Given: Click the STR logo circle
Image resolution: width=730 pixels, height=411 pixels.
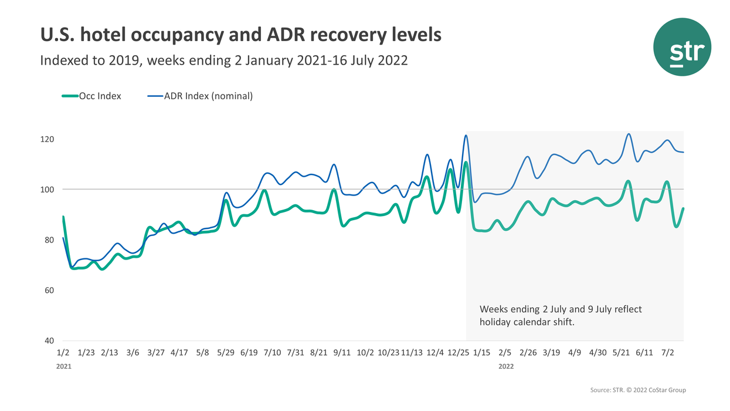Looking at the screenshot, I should pos(683,47).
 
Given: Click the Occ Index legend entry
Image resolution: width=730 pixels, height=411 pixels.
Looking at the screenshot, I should pos(92,96).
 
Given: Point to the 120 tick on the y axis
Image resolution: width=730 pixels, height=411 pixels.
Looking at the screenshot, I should pos(47,140).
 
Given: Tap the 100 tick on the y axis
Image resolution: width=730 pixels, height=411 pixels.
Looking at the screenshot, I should pos(47,190).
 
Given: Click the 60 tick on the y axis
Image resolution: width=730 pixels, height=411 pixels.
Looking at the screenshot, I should pos(47,291).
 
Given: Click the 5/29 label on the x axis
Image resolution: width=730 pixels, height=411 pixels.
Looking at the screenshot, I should pos(226,353).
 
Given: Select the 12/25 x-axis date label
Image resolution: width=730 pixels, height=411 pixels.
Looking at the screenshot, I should pos(458,353).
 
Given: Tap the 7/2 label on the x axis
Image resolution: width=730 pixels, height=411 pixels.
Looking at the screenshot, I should pos(668,353).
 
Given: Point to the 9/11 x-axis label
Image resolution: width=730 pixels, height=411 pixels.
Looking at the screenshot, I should pos(342,353).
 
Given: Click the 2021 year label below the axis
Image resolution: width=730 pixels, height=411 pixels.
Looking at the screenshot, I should pos(64,366).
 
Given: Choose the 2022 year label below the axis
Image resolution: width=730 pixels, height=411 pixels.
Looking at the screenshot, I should pos(506,366).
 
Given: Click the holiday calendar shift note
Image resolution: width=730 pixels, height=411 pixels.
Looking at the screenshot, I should pos(561,315).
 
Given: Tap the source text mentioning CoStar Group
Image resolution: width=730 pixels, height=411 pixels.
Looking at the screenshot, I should pos(637,390).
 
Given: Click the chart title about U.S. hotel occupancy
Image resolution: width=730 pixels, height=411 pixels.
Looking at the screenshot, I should pos(240,35).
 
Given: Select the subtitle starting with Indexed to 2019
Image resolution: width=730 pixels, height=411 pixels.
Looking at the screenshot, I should pos(223,60).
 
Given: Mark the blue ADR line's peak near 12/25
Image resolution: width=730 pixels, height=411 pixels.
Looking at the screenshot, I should pos(466,136).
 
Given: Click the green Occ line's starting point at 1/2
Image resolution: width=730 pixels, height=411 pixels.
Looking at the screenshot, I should pos(63,217).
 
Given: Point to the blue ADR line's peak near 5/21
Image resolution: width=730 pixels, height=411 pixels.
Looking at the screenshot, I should pos(629,134).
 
